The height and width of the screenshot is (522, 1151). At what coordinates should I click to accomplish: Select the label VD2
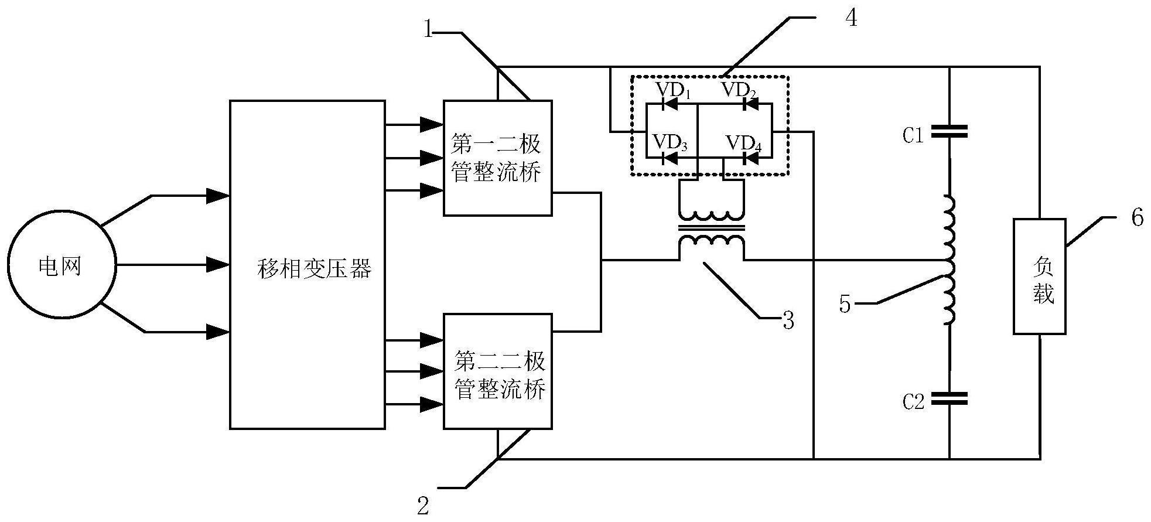click(739, 91)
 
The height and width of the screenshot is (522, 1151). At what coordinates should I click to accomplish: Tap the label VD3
click(671, 142)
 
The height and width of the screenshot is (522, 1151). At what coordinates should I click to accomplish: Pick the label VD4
click(744, 144)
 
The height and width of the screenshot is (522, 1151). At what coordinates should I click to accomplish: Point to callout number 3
click(788, 320)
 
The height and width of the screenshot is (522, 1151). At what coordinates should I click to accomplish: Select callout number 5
click(845, 304)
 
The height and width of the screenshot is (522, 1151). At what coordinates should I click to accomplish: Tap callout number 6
click(1137, 218)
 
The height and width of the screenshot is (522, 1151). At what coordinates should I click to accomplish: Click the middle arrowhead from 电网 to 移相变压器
click(219, 265)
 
